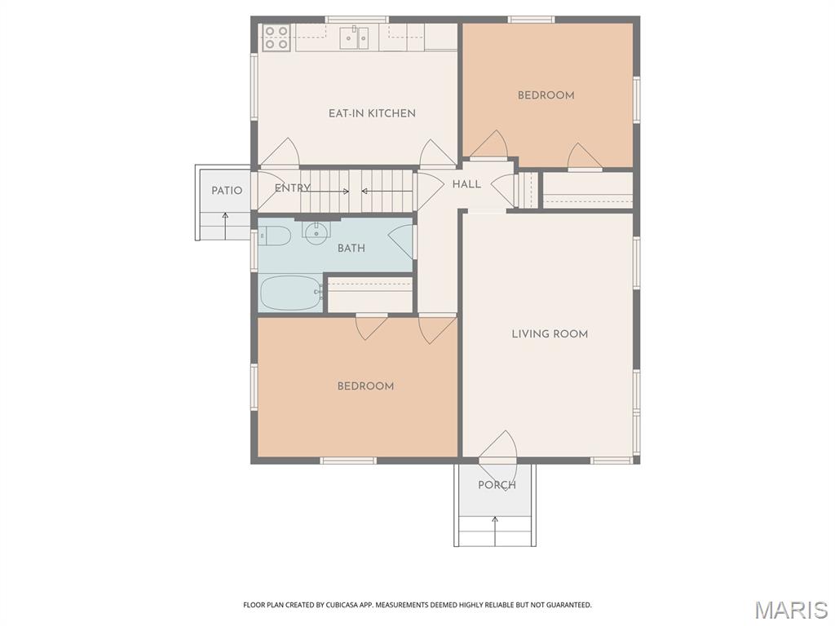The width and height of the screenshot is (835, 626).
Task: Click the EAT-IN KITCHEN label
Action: [372, 113]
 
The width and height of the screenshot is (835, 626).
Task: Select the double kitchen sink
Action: [355, 37]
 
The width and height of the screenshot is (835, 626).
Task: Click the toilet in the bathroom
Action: [274, 237]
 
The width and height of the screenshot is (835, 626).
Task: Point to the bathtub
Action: [291, 293]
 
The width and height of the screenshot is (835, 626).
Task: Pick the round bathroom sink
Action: [316, 231]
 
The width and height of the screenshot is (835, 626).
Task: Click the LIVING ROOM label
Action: [550, 333]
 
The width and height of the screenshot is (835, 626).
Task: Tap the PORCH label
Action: [497, 485]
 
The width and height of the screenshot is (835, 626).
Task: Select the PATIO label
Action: [227, 191]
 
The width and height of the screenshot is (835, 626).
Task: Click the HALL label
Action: [466, 185]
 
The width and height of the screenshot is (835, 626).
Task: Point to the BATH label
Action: [351, 249]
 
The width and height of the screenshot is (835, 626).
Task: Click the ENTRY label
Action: [292, 188]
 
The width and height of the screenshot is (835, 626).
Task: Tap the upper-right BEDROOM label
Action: [546, 95]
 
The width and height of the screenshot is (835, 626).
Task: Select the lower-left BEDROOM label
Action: [365, 386]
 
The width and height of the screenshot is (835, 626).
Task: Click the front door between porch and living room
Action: [497, 460]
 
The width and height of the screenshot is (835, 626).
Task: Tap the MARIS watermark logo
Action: [791, 610]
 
